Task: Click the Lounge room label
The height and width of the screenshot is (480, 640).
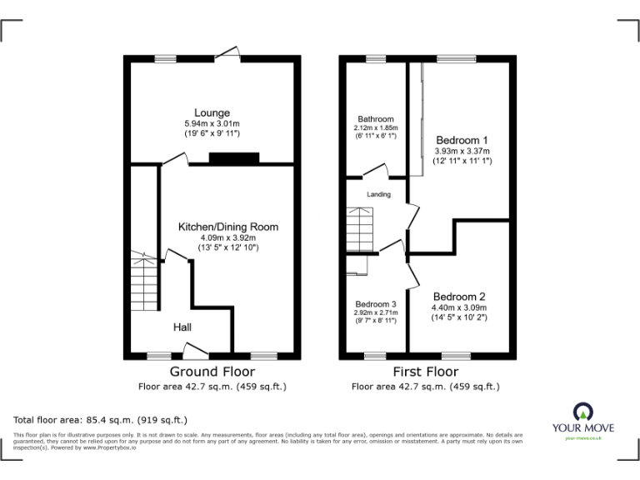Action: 212,112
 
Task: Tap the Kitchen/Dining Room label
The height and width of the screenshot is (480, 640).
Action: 227,227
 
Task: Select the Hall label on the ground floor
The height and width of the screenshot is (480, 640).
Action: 183,327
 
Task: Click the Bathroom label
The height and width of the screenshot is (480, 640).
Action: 375,119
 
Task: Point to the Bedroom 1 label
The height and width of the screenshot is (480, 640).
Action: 462,140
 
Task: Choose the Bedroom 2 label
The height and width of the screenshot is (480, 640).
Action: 458,297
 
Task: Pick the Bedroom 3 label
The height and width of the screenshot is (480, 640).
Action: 375,304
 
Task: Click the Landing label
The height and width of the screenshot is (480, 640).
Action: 378,194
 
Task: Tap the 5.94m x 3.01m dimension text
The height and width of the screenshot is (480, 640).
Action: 212,124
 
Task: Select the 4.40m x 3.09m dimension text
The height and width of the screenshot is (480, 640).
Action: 458,307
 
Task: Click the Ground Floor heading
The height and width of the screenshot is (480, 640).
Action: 212,372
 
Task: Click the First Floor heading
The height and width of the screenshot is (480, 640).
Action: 425,372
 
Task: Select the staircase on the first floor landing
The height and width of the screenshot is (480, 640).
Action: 362,228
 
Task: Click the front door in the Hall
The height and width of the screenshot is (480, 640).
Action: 197,350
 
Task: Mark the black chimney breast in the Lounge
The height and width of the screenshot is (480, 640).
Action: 234,158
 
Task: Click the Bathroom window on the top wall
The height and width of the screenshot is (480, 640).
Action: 375,59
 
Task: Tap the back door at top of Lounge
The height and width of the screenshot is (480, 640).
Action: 227,55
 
